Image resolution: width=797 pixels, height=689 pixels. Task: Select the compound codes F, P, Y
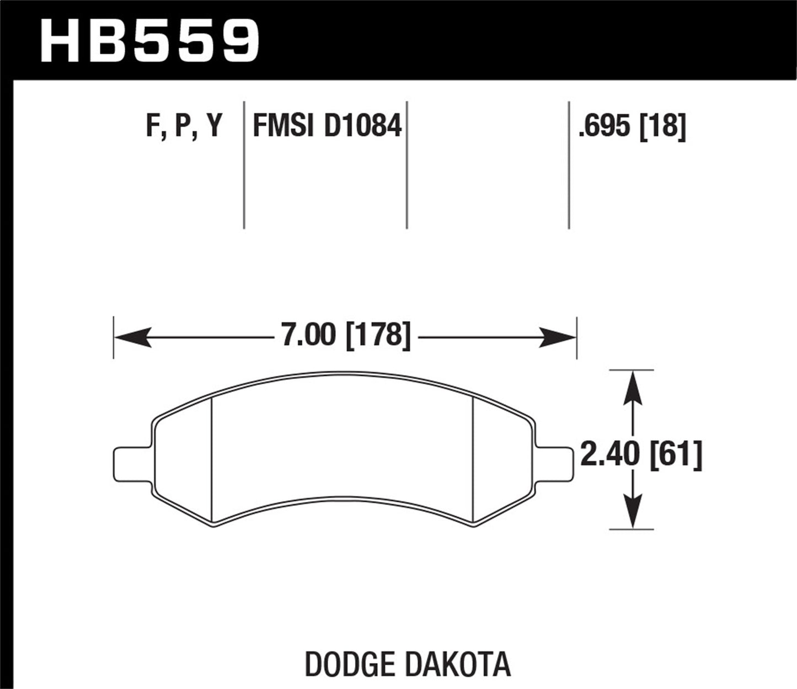[x=184, y=126]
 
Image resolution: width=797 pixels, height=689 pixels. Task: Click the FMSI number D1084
[x=362, y=126]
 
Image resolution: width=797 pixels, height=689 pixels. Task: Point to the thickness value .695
[x=603, y=126]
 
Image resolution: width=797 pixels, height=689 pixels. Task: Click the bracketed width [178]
[x=378, y=335]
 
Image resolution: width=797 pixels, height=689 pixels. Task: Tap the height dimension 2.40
[x=611, y=457]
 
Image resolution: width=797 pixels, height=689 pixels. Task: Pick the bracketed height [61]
[x=676, y=457]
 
